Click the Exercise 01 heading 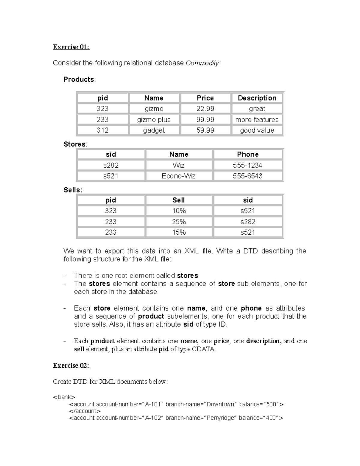pyautogui.click(x=71, y=47)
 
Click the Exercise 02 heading pyautogui.click(x=71, y=365)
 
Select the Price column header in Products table pyautogui.click(x=205, y=98)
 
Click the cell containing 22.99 pyautogui.click(x=205, y=109)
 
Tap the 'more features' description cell pyautogui.click(x=257, y=119)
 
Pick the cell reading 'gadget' pyautogui.click(x=154, y=130)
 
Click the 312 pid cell pyautogui.click(x=102, y=130)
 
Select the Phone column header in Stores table pyautogui.click(x=248, y=154)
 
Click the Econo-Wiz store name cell pyautogui.click(x=178, y=176)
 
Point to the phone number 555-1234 pyautogui.click(x=248, y=165)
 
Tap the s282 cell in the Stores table pyautogui.click(x=111, y=165)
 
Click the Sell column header pyautogui.click(x=178, y=200)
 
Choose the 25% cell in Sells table pyautogui.click(x=179, y=221)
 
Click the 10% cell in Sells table pyautogui.click(x=179, y=211)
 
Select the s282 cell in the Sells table pyautogui.click(x=248, y=221)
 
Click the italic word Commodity pyautogui.click(x=202, y=63)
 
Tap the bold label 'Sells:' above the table pyautogui.click(x=73, y=190)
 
